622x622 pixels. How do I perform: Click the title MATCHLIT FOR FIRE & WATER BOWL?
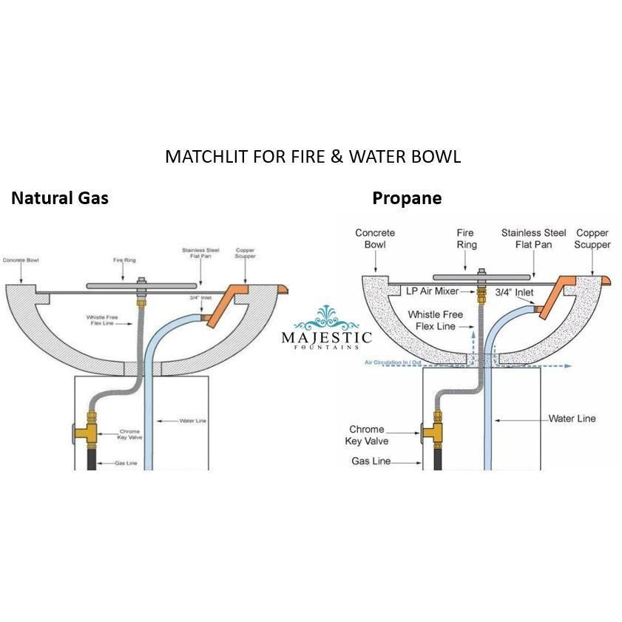click(x=312, y=157)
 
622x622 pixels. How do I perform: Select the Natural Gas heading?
click(x=59, y=198)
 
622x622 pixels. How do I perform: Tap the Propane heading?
click(x=407, y=198)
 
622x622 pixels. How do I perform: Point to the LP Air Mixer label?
click(x=433, y=291)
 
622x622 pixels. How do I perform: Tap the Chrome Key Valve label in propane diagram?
click(x=368, y=435)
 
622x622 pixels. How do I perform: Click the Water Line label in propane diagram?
click(x=572, y=419)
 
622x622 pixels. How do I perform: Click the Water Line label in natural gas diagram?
click(x=193, y=421)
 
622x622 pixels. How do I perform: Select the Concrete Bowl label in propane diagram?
click(x=375, y=239)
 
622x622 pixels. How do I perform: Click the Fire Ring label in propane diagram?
click(x=467, y=239)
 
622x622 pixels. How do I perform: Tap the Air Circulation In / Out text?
click(x=393, y=363)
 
